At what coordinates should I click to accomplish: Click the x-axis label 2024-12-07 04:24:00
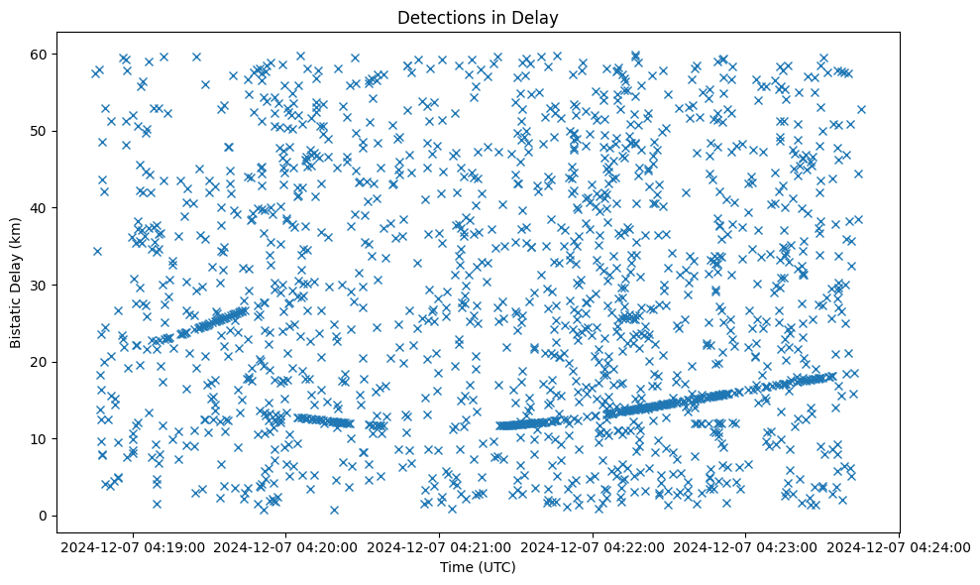click(897, 546)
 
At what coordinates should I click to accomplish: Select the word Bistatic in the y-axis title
click(16, 314)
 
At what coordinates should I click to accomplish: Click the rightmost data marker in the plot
click(861, 109)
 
